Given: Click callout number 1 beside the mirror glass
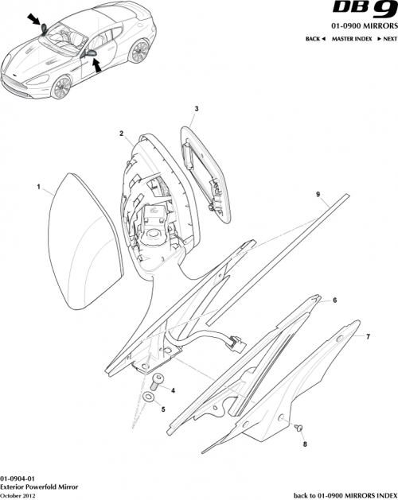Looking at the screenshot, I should [x=38, y=188].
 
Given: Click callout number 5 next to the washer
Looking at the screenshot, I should [x=163, y=409].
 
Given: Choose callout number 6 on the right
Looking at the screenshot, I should [x=334, y=300].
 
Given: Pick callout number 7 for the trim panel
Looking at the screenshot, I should [x=367, y=337].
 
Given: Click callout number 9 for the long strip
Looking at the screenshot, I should [x=317, y=195].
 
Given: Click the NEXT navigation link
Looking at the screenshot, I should [x=386, y=38].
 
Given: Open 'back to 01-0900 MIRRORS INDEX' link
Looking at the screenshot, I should [x=345, y=494].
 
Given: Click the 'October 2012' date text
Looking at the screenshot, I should [x=19, y=494].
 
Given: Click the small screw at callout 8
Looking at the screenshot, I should [x=295, y=428].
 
